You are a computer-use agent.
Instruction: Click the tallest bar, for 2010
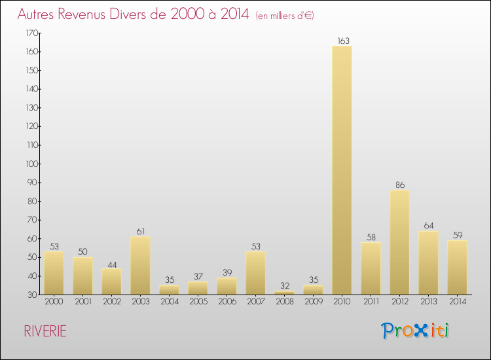click(x=342, y=170)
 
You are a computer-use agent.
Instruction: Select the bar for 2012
click(x=399, y=242)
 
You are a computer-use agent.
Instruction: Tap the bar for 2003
click(x=140, y=265)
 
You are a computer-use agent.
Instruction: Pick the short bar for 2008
click(x=284, y=293)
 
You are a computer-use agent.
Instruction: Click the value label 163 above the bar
click(x=342, y=41)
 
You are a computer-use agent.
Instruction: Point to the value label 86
click(x=400, y=185)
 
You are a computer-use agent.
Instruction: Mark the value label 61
click(x=140, y=232)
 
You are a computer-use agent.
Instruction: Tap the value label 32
click(x=284, y=286)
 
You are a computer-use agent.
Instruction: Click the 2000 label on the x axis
click(x=54, y=302)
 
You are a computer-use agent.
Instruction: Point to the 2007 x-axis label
click(x=255, y=302)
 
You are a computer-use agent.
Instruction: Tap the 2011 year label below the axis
click(x=371, y=302)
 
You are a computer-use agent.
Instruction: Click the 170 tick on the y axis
click(x=31, y=33)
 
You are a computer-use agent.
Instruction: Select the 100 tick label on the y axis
click(x=31, y=164)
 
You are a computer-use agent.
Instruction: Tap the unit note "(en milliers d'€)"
click(x=285, y=15)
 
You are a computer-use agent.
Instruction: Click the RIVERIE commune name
click(x=45, y=331)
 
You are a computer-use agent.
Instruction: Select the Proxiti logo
click(x=416, y=331)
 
